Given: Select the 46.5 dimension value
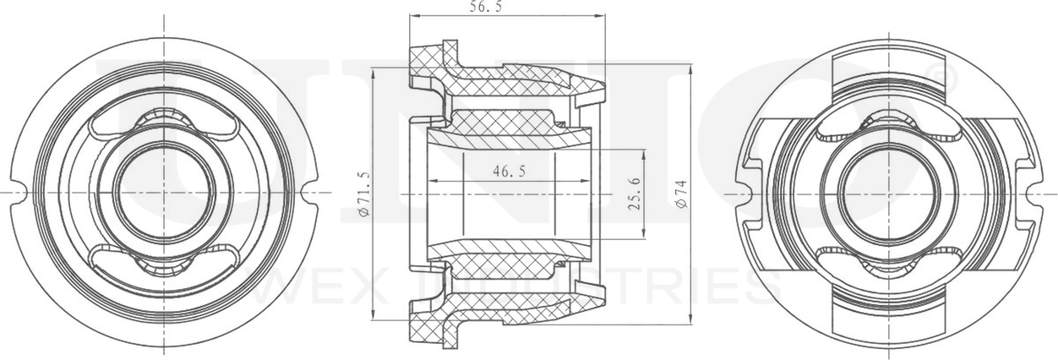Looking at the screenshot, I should pos(509,172).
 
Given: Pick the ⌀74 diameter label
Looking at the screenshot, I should pos(681,194).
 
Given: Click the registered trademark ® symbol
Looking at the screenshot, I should pos(946,81).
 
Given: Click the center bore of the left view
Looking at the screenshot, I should pos(164,193).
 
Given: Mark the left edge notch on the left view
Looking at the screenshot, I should pos(20,193).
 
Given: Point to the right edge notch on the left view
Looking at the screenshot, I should pos(309,193).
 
